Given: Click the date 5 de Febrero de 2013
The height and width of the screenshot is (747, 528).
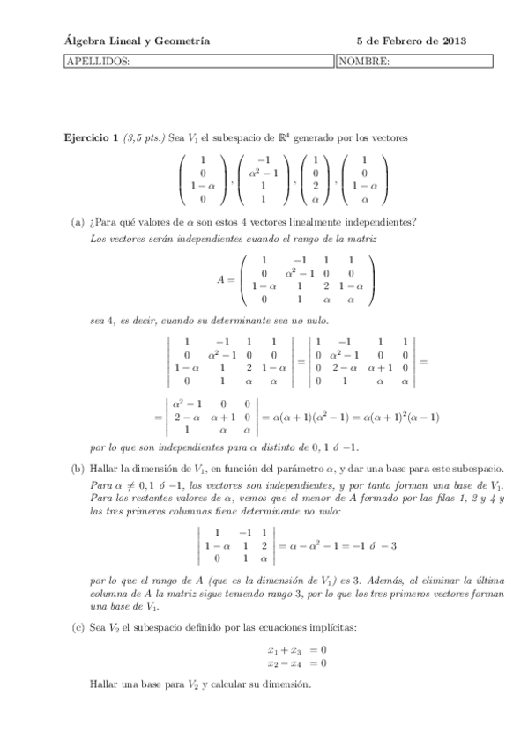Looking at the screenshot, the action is tap(411, 41).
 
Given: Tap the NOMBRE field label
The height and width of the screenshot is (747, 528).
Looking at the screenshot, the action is tap(364, 61).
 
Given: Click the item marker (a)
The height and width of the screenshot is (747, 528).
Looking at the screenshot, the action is tap(78, 221).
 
